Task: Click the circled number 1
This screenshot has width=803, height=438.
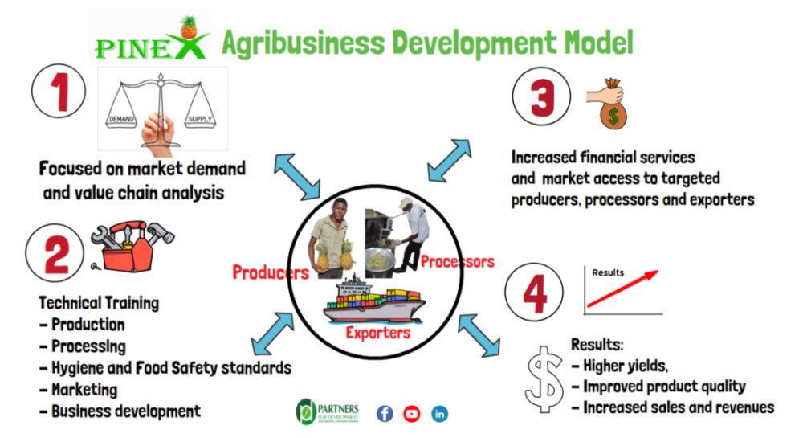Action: (59, 91)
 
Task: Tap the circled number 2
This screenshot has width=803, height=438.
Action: (55, 253)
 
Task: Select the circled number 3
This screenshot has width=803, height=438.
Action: (541, 96)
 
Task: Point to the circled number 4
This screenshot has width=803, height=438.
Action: (534, 293)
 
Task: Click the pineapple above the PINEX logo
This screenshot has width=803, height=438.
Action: (189, 27)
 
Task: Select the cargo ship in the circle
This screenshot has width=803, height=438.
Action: (373, 301)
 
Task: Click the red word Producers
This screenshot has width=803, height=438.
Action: (271, 272)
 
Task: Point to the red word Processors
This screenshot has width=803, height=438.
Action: (458, 262)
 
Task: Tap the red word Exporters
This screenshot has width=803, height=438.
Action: (378, 333)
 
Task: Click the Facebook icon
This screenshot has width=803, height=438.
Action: (385, 414)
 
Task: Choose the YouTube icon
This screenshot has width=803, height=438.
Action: (412, 414)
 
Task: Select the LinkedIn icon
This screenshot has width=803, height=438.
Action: (439, 414)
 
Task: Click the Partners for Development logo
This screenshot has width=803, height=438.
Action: (328, 411)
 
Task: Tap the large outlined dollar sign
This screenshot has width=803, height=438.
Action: (544, 379)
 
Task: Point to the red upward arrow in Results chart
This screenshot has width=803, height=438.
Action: (623, 289)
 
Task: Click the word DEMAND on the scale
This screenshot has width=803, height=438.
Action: (121, 119)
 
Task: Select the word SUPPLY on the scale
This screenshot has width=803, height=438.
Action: (200, 119)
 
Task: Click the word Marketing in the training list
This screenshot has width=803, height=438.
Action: (84, 390)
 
